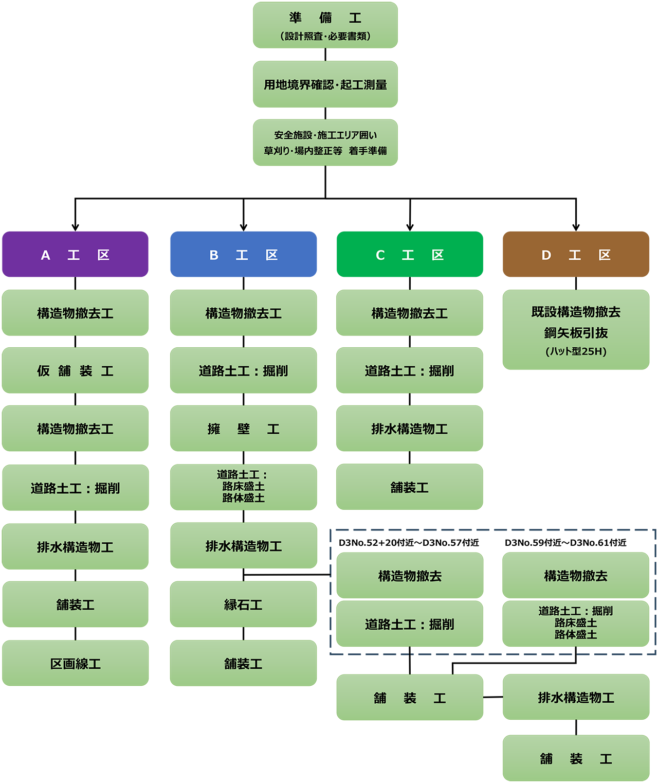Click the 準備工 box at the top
tap(325, 25)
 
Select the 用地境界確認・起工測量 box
tap(325, 84)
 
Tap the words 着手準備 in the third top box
tap(368, 151)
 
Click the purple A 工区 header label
tap(75, 255)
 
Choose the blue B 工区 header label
tap(243, 255)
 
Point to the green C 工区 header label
tap(410, 255)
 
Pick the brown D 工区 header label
tap(576, 255)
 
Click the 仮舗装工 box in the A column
tap(75, 371)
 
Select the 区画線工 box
tap(75, 664)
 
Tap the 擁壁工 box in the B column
tap(243, 429)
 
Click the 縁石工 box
tap(243, 604)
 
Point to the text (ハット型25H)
tap(576, 352)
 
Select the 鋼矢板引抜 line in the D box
tap(576, 333)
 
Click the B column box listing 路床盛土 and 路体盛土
tap(243, 487)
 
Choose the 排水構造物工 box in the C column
tap(410, 429)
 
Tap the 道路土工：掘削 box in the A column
tap(75, 488)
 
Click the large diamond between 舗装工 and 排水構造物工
tap(493, 698)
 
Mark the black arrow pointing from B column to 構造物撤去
tap(285, 575)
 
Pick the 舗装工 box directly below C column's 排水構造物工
tap(410, 487)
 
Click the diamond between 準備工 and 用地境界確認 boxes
tap(325, 55)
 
